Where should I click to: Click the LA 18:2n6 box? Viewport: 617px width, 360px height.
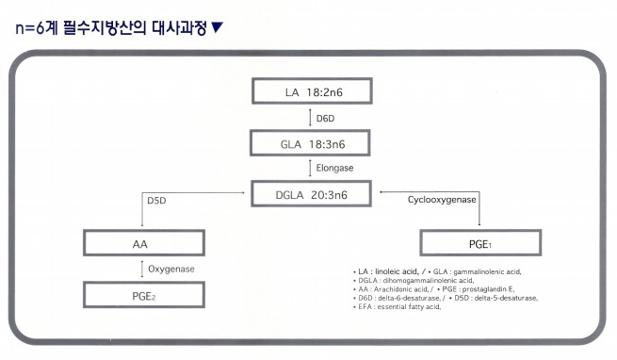coord(312,93)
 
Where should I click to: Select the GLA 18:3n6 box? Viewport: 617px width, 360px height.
coord(312,143)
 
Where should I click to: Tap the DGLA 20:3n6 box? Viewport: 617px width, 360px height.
coord(312,195)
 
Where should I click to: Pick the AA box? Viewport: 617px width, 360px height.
coord(141,243)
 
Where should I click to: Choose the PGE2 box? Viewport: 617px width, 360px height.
coord(141,295)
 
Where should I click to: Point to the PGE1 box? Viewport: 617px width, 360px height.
coord(481,243)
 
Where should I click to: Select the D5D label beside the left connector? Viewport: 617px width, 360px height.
coord(157,201)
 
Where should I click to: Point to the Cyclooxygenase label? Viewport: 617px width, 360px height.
coord(442,201)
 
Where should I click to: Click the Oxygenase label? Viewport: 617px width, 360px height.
coord(171,270)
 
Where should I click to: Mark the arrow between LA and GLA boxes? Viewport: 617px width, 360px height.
coord(311,119)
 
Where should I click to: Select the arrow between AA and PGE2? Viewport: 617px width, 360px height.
coord(141,270)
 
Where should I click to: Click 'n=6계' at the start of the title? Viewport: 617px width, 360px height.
coord(42,25)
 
